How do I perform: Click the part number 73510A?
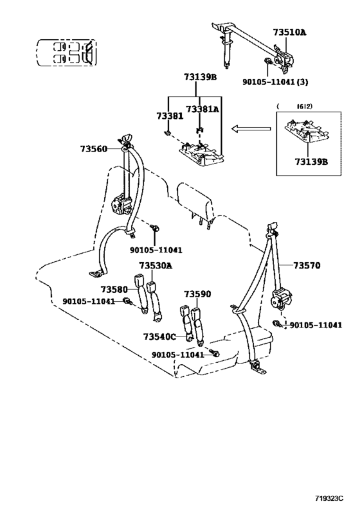pyautogui.click(x=289, y=32)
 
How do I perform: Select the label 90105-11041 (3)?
pyautogui.click(x=275, y=82)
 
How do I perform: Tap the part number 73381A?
pyautogui.click(x=202, y=109)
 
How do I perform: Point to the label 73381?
pyautogui.click(x=170, y=116)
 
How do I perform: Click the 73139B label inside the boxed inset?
pyautogui.click(x=311, y=162)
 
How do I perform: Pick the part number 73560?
pyautogui.click(x=93, y=148)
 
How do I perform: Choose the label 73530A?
pyautogui.click(x=156, y=266)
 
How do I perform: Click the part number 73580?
pyautogui.click(x=114, y=289)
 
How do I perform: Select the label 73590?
pyautogui.click(x=197, y=294)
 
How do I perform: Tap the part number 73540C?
pyautogui.click(x=159, y=337)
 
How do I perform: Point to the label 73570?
pyautogui.click(x=307, y=266)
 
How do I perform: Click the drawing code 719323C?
pyautogui.click(x=329, y=498)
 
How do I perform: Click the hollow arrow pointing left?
pyautogui.click(x=251, y=128)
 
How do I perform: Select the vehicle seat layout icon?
pyautogui.click(x=66, y=53)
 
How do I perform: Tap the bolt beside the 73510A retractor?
pyautogui.click(x=269, y=62)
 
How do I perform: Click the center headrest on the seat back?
pyautogui.click(x=195, y=200)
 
